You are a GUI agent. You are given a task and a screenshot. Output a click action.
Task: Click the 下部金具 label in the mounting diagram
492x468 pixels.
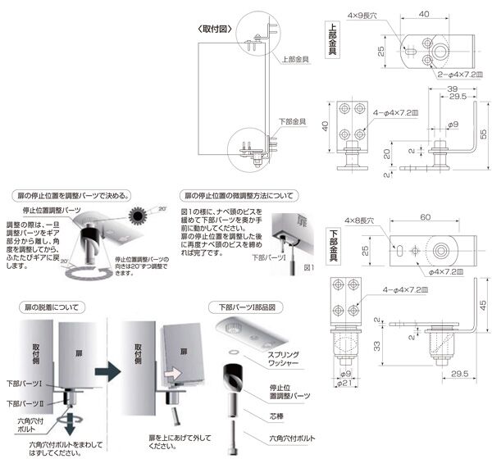coord(293,120)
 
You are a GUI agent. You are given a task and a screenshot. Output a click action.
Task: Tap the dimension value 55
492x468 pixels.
coord(483,133)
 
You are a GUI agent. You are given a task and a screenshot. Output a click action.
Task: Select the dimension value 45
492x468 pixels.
coord(483,305)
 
